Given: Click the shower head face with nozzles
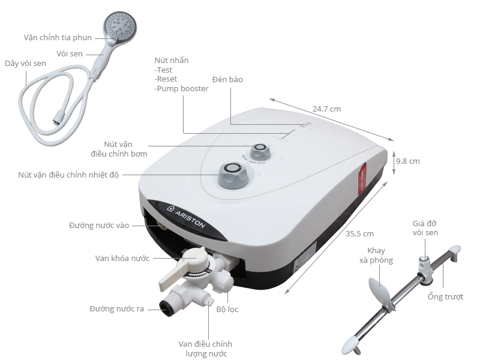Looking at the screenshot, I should click(x=119, y=25).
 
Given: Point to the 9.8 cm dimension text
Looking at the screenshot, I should click(x=407, y=161).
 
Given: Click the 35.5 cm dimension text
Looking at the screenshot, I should click(x=360, y=233).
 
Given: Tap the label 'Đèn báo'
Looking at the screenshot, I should click(x=227, y=79).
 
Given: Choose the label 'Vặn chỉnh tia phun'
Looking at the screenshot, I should click(x=58, y=37).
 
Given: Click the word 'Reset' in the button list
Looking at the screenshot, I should click(x=166, y=79).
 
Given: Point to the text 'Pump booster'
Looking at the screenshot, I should click(x=182, y=89).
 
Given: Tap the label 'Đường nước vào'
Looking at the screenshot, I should click(x=99, y=226).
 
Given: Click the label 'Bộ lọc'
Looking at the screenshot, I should click(x=228, y=310).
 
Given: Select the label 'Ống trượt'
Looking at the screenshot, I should click(x=445, y=297).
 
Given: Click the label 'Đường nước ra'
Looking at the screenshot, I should click(x=116, y=309).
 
